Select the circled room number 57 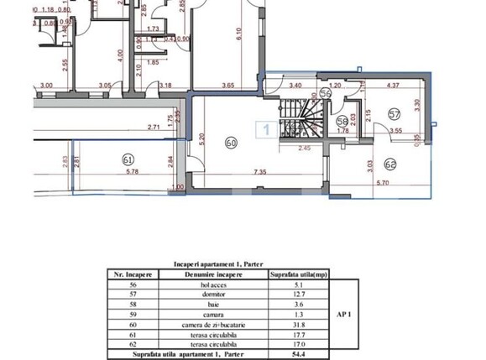tap(394, 113)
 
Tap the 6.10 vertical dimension tap(239, 35)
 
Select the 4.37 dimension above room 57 tap(392, 85)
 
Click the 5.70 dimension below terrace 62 tap(382, 183)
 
